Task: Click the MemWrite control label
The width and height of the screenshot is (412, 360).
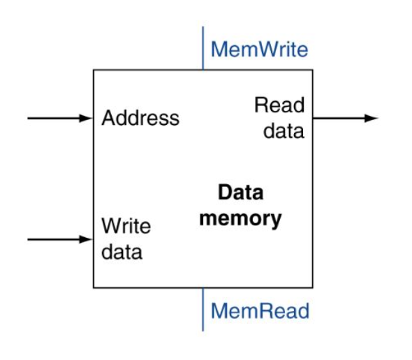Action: click(259, 50)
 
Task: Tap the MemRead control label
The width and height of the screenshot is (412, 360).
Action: click(260, 311)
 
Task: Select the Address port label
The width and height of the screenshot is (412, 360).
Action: click(140, 118)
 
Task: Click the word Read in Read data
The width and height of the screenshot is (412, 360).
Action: click(279, 105)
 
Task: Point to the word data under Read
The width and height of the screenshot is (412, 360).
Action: click(284, 130)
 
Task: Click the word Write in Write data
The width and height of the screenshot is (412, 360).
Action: click(126, 226)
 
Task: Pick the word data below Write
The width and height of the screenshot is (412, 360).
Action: click(122, 252)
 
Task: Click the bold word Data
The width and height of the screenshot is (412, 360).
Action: click(240, 193)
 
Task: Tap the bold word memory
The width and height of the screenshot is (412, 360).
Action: click(240, 218)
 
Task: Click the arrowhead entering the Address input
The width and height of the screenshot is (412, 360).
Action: click(86, 118)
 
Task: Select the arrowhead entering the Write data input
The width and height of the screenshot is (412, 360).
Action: click(86, 239)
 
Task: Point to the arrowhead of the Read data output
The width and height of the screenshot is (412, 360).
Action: click(371, 118)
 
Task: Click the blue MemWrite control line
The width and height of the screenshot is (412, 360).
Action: click(203, 48)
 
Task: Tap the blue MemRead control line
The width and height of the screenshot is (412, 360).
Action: click(203, 310)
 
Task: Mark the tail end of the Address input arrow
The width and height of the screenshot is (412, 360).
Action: click(28, 118)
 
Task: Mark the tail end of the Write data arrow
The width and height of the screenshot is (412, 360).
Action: click(28, 239)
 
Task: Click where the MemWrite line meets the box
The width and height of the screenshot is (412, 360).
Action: click(203, 70)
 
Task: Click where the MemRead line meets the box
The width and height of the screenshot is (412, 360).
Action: click(203, 287)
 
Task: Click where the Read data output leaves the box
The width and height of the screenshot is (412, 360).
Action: click(313, 118)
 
